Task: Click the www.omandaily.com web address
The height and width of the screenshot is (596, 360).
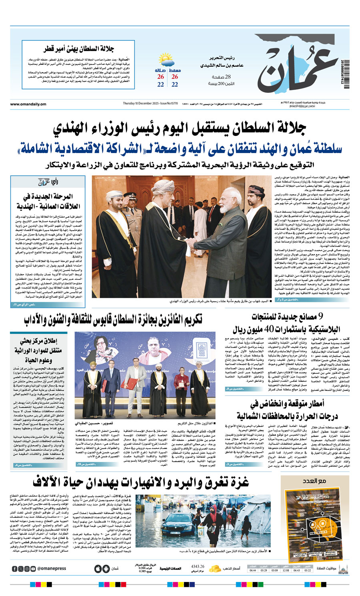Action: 28,104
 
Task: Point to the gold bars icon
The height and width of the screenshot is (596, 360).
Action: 215,568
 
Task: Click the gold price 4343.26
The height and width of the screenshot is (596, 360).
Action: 198,566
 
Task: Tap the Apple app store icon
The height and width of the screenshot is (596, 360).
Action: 98,568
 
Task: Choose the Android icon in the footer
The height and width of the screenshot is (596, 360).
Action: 106,568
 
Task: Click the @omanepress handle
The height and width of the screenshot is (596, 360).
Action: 51,568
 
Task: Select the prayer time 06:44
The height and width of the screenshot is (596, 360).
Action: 252,570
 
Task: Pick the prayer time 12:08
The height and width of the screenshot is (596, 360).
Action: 286,570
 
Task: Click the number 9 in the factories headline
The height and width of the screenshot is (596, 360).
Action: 320,317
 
